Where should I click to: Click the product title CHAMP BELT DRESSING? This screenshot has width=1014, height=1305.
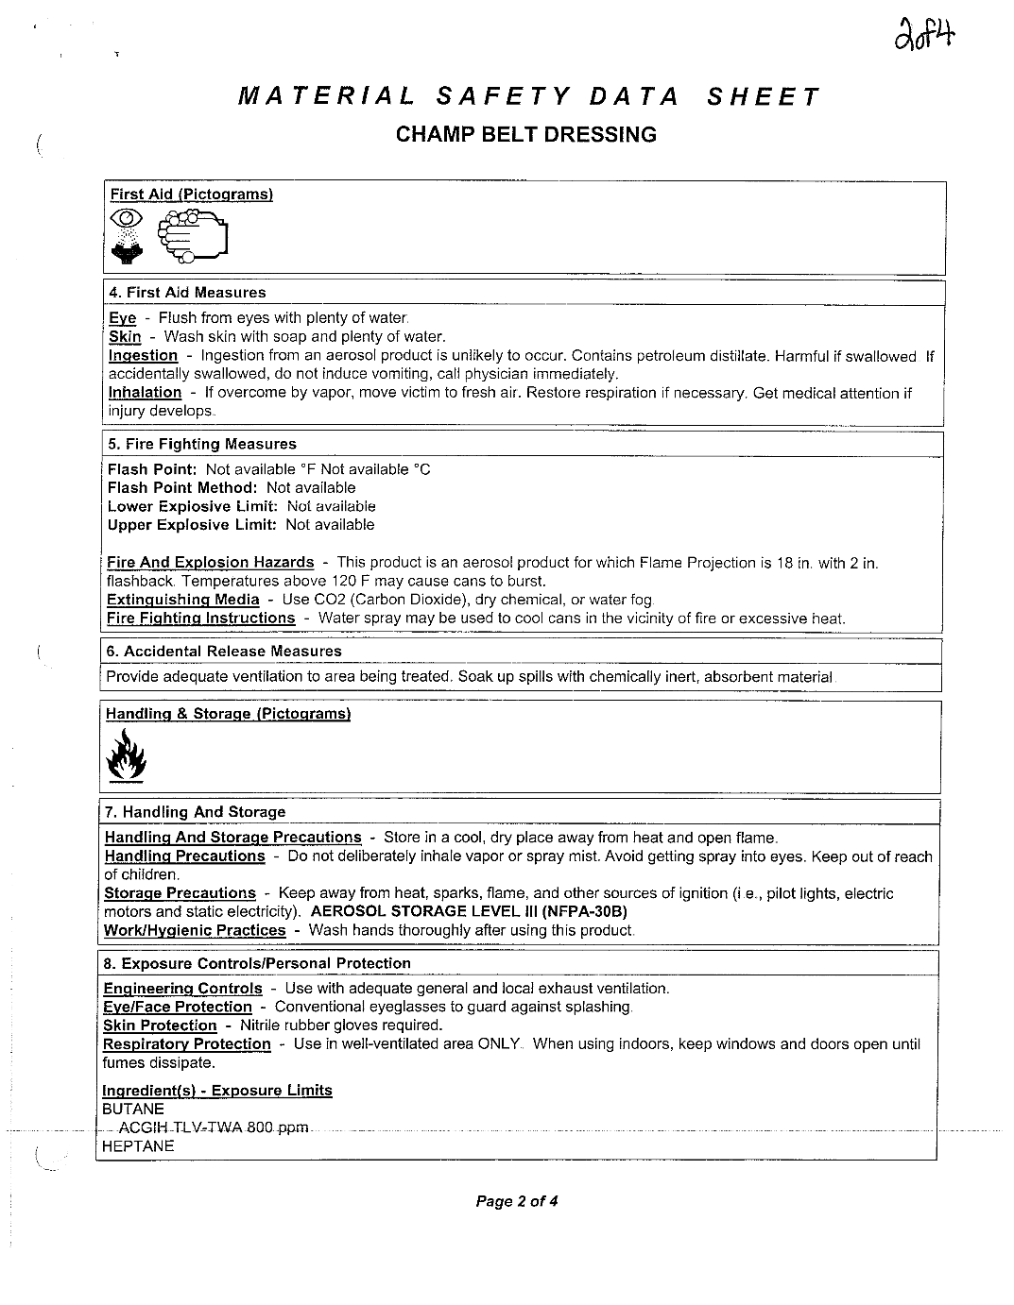coord(525,134)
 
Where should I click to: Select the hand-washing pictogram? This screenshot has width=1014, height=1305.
coord(193,235)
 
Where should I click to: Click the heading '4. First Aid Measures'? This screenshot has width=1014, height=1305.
coord(187,293)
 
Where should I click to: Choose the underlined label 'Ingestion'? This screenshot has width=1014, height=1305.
coord(143,356)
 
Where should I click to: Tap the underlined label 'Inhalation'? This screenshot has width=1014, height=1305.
coord(145,393)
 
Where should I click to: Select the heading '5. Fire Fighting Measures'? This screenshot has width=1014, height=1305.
coord(201,444)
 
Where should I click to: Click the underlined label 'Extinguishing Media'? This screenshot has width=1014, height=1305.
coord(182,600)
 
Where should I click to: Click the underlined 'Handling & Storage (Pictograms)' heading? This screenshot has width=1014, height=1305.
coord(228,714)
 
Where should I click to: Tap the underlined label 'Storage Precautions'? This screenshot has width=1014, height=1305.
coord(180,893)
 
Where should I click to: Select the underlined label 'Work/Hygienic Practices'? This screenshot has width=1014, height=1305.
coord(194,930)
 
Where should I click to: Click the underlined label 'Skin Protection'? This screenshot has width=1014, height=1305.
coord(160,1025)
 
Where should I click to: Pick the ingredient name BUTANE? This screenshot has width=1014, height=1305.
coord(132,1110)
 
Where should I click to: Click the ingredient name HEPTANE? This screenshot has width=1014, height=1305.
coord(137,1146)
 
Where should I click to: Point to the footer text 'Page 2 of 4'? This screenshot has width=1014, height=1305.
coord(517,1202)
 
